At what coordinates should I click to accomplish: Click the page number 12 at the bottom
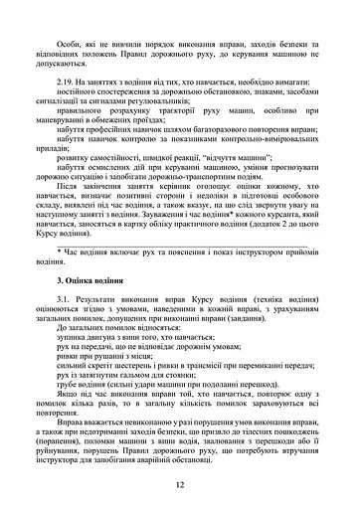coord(180,484)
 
